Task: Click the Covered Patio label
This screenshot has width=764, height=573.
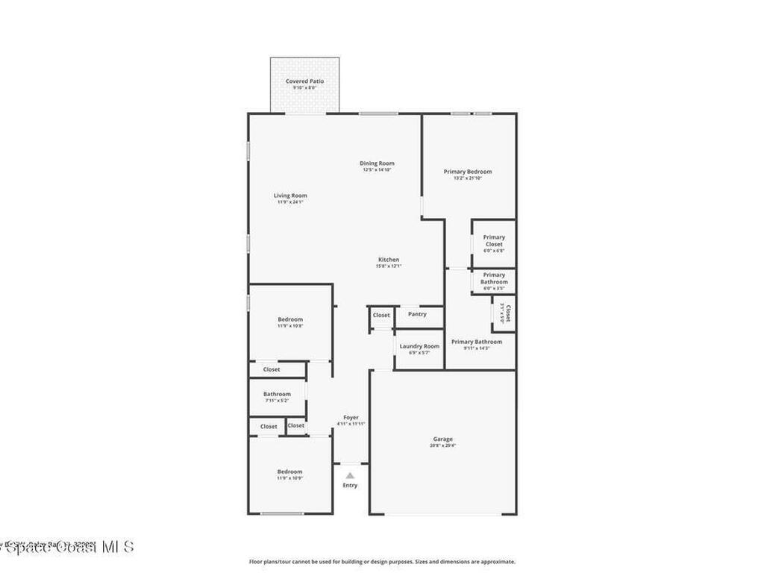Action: (304, 81)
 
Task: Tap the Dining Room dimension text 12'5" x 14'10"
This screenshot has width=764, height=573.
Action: (377, 170)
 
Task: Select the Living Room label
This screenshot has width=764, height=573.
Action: (290, 195)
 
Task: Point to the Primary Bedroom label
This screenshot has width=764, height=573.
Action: (468, 172)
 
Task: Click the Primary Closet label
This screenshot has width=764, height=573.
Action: (494, 240)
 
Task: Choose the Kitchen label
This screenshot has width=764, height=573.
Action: (388, 260)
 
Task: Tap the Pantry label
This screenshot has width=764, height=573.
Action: (418, 314)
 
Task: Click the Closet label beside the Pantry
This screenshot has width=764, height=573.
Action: (381, 315)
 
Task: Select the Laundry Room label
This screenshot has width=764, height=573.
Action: (419, 346)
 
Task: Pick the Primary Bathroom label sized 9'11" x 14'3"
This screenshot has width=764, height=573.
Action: (476, 342)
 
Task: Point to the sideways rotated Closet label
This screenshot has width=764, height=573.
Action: (508, 314)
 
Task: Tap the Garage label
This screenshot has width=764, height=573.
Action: (442, 439)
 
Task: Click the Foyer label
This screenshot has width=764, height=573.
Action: (351, 417)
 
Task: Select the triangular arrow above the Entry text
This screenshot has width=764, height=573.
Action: (350, 475)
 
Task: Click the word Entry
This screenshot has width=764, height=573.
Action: (350, 485)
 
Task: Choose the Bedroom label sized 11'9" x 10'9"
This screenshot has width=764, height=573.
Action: (289, 472)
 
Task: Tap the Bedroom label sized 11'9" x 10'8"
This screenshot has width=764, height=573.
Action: (290, 319)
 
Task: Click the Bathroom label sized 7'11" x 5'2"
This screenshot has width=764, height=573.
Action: (277, 394)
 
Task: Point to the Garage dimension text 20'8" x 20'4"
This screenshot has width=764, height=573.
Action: (442, 445)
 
